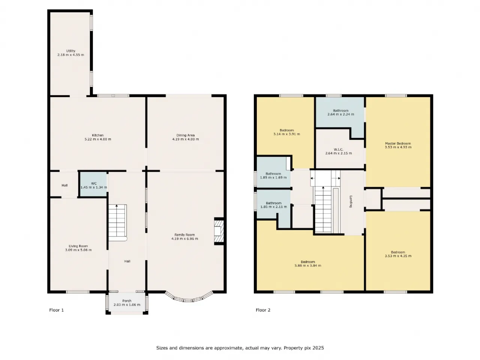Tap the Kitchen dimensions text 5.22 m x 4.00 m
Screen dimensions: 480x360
coord(98,139)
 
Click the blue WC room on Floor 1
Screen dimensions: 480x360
coord(93,184)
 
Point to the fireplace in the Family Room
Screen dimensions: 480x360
coord(219,231)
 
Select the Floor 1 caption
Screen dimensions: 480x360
coord(56,310)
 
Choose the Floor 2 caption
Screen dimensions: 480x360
coord(263,310)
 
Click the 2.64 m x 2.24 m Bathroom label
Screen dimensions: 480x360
coord(341,112)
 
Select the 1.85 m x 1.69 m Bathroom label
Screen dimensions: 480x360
coord(273,175)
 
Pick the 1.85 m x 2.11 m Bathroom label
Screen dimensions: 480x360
coord(274,205)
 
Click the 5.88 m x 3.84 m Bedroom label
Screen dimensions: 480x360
coord(308,264)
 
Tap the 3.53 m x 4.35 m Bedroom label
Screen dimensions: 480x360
coord(398,254)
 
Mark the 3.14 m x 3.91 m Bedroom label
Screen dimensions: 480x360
coord(287,132)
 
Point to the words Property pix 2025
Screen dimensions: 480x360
coord(304,348)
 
